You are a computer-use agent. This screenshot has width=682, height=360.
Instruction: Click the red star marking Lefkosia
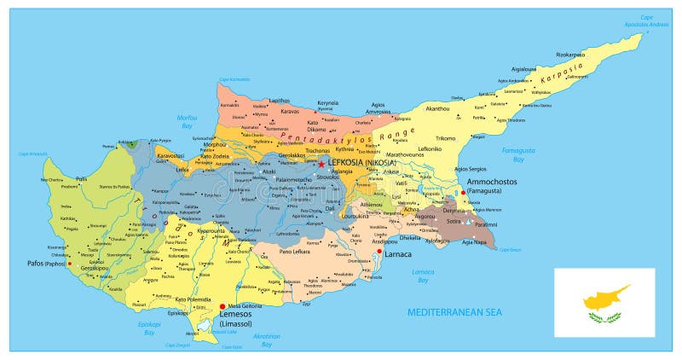(x=321, y=164)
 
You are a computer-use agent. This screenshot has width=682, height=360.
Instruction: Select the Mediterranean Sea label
(x=454, y=313)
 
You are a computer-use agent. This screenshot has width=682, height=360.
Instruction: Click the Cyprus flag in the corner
(x=604, y=301)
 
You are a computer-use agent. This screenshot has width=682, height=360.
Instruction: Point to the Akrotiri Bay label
(x=267, y=340)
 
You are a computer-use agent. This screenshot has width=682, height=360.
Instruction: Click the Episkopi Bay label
(x=150, y=328)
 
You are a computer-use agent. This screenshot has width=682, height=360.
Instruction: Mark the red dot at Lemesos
(x=223, y=306)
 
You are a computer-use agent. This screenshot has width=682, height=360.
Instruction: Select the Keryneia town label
(x=327, y=103)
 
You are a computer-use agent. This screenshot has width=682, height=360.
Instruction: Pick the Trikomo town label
(x=445, y=137)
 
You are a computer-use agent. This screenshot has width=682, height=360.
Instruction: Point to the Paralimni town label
(x=486, y=224)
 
